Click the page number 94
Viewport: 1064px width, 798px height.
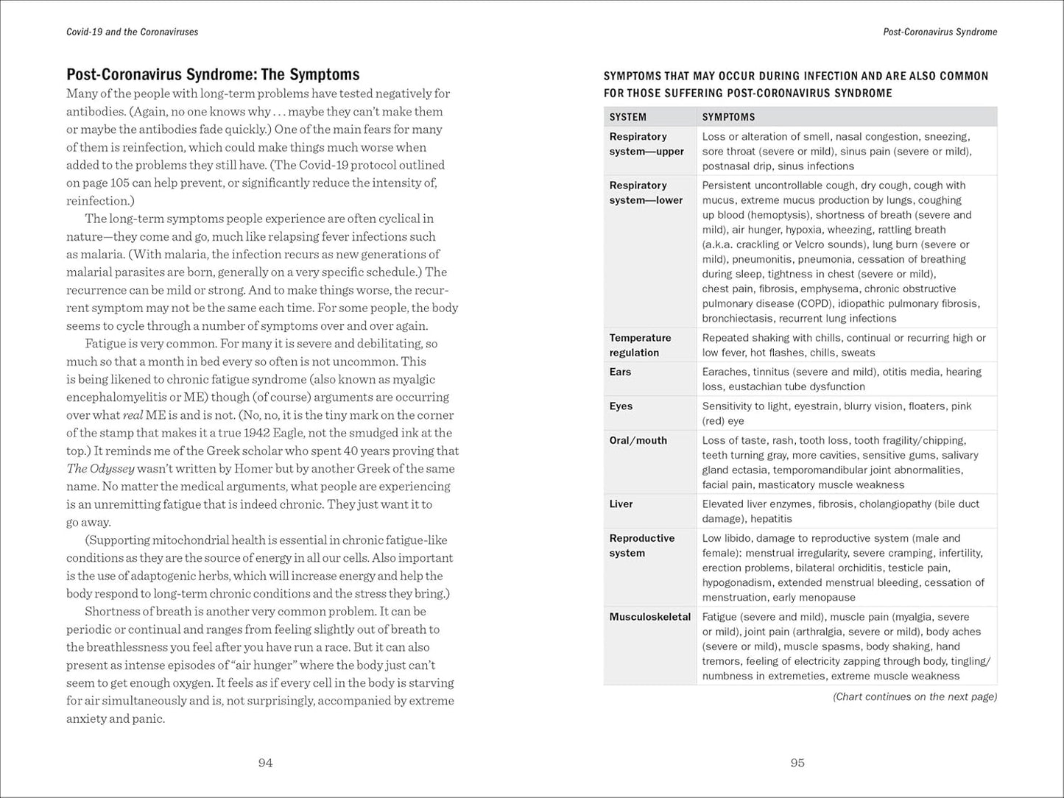(x=265, y=763)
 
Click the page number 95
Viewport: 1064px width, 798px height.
(x=797, y=763)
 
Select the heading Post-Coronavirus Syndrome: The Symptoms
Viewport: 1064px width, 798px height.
(x=213, y=74)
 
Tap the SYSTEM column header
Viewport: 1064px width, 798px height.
(x=628, y=117)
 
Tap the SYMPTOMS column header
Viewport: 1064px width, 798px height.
(x=728, y=117)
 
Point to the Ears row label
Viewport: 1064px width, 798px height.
(x=620, y=372)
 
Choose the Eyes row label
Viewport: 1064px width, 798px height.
(x=621, y=406)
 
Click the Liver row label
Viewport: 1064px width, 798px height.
(x=621, y=504)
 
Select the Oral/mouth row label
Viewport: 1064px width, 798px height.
(x=638, y=440)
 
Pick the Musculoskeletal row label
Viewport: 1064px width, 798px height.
(x=649, y=617)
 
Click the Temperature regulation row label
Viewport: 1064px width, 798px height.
(x=640, y=345)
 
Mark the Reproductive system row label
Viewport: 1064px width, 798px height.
(x=641, y=545)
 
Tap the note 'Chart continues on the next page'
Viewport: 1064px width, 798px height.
(x=915, y=696)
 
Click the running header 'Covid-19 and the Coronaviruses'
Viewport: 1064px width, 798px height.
(x=132, y=32)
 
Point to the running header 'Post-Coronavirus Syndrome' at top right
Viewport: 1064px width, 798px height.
(x=940, y=32)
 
